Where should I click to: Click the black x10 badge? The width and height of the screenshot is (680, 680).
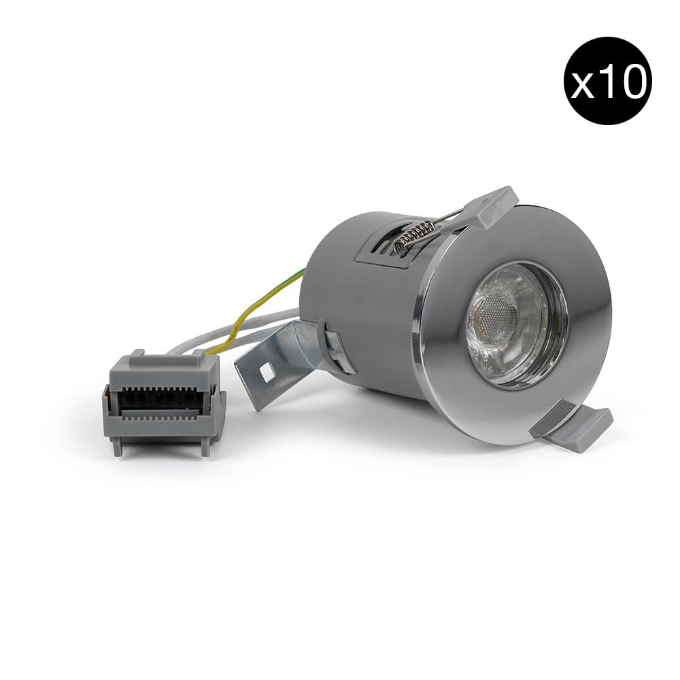coord(607,81)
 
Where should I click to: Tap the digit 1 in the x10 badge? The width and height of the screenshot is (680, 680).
coord(607,81)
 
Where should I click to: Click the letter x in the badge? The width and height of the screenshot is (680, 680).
coord(583,86)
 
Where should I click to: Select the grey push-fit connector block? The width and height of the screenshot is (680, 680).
coord(163,403)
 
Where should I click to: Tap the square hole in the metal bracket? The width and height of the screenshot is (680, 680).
coord(267,371)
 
